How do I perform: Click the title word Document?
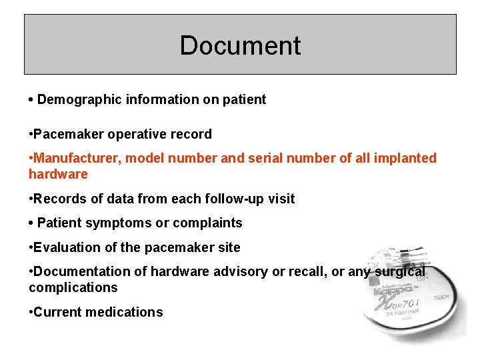click(240, 45)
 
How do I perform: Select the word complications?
click(73, 288)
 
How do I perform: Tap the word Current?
click(57, 313)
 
